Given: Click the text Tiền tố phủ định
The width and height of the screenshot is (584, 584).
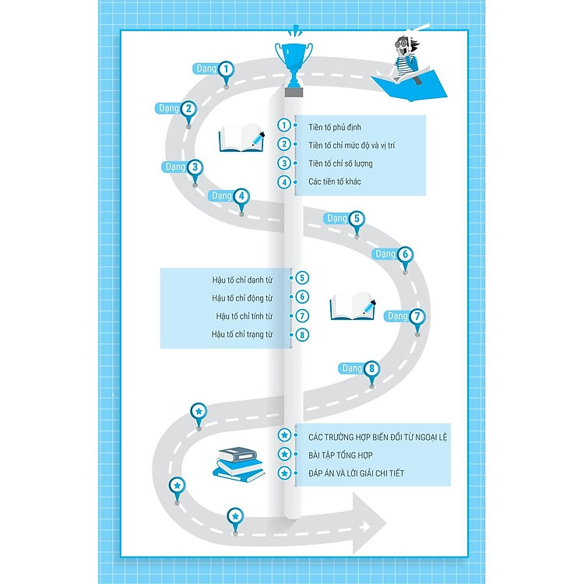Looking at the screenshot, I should click(x=334, y=126).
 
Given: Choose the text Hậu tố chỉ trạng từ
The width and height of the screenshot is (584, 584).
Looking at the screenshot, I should click(x=242, y=335).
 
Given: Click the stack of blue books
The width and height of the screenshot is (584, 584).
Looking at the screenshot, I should click(x=238, y=463).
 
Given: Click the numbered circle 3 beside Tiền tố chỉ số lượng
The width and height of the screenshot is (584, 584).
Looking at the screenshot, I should click(x=285, y=164).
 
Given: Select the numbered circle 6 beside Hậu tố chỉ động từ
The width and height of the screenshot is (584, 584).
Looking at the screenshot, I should click(x=303, y=297).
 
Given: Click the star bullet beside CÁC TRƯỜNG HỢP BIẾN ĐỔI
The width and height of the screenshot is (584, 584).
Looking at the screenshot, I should click(x=285, y=435).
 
